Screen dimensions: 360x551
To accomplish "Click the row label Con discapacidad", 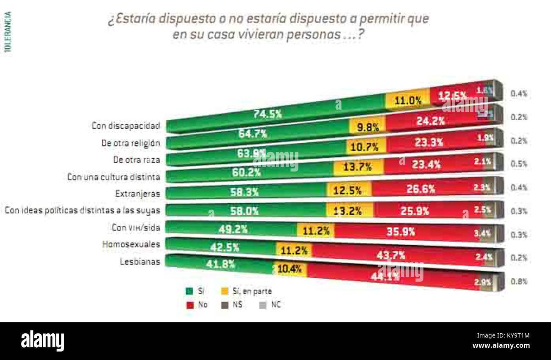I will click(x=126, y=126).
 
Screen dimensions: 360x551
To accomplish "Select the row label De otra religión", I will click(x=131, y=143).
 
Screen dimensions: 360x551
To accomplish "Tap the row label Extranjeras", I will click(x=138, y=194).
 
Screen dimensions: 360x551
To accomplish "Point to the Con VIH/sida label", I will click(x=136, y=227).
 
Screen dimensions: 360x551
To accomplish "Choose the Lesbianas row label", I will click(x=139, y=261).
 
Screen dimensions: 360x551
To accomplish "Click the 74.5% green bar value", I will click(x=267, y=114).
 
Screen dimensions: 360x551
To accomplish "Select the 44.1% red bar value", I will click(x=385, y=277).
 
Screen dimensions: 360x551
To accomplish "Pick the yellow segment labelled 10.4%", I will click(x=290, y=269).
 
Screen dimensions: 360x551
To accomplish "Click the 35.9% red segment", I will click(x=400, y=232).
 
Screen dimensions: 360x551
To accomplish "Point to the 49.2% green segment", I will click(x=233, y=229).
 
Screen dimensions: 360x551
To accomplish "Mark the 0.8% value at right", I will click(x=519, y=281).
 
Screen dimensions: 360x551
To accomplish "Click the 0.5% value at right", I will click(x=519, y=164).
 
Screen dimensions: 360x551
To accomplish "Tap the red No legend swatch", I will click(x=189, y=305).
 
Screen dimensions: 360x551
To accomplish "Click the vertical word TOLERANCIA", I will click(x=8, y=32).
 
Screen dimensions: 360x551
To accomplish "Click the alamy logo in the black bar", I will click(x=42, y=341).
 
